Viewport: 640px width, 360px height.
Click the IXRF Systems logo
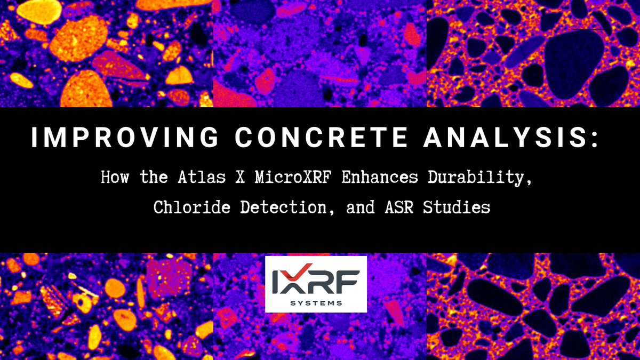tap(316, 284)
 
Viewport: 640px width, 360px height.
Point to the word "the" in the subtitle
tap(154, 178)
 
